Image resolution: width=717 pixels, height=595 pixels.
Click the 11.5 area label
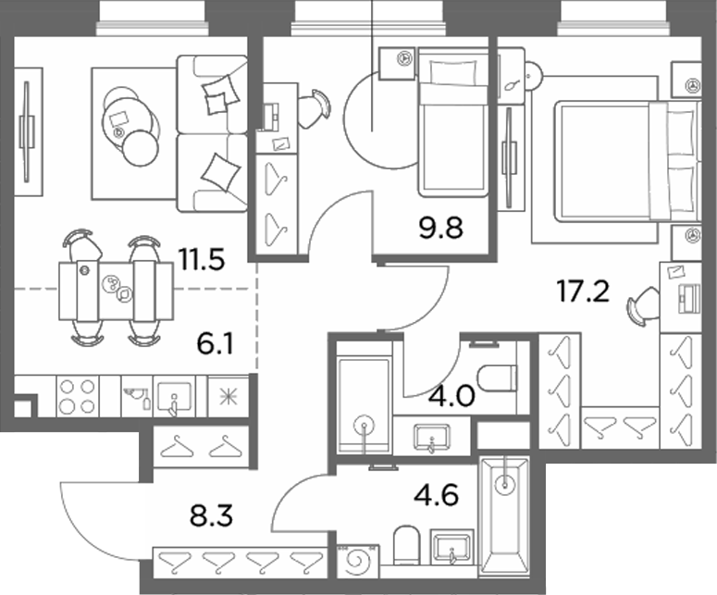pyautogui.click(x=202, y=260)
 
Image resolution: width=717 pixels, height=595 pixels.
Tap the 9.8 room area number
pyautogui.click(x=440, y=228)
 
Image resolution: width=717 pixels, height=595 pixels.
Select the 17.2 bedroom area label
pyautogui.click(x=583, y=291)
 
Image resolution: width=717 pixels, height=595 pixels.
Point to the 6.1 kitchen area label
pyautogui.click(x=215, y=344)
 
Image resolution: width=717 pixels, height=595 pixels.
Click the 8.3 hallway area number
pyautogui.click(x=211, y=515)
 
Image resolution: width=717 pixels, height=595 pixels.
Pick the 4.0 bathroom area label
pyautogui.click(x=451, y=396)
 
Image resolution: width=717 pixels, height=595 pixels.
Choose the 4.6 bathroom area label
pyautogui.click(x=436, y=495)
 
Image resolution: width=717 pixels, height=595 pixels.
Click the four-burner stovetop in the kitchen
pyautogui.click(x=78, y=396)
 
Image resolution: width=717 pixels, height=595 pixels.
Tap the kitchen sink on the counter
pyautogui.click(x=174, y=397)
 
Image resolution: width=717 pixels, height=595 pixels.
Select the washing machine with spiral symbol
pyautogui.click(x=358, y=561)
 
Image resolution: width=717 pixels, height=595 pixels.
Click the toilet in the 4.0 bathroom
pyautogui.click(x=497, y=379)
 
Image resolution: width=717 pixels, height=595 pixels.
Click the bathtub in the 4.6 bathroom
pyautogui.click(x=503, y=515)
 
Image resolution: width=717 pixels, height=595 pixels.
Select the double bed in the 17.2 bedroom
pyautogui.click(x=626, y=161)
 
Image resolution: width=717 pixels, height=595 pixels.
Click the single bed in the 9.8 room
pyautogui.click(x=452, y=122)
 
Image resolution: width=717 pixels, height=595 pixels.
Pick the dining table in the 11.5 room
pyautogui.click(x=117, y=291)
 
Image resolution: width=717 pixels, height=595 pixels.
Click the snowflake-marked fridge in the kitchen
pyautogui.click(x=229, y=397)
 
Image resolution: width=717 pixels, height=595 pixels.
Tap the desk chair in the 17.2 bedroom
pyautogui.click(x=643, y=306)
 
